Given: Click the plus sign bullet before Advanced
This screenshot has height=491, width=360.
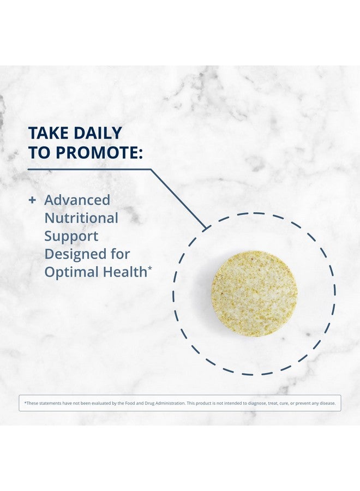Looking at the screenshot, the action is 32,200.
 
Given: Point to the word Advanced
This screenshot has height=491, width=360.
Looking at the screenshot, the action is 77,200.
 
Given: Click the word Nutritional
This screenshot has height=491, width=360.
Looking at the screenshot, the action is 81,218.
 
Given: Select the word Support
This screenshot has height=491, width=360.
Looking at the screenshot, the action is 71,236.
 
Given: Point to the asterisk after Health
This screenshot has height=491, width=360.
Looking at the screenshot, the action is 149,268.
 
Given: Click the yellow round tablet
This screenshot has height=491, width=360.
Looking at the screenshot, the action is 254,294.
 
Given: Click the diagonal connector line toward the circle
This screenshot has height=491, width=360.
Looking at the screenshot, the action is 178,199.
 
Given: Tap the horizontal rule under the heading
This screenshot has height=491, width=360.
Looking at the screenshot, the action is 89,170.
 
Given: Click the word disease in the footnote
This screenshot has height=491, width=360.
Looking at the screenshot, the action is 328,403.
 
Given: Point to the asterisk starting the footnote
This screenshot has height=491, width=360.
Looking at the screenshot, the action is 25,403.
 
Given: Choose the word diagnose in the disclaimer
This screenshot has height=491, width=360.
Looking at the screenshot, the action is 257,403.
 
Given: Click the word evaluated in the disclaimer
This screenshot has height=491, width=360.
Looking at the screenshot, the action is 99,403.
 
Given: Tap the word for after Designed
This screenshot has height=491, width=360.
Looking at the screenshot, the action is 119,254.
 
